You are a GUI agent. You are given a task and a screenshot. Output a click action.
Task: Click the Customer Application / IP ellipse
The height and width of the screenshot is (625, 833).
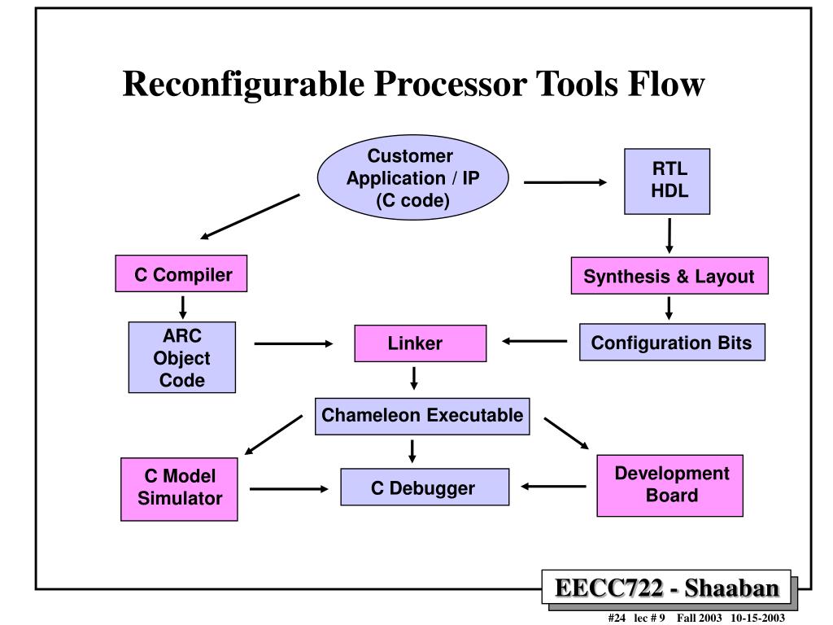point(412,177)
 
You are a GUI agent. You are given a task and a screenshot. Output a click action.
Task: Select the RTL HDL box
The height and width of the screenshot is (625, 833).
point(667,181)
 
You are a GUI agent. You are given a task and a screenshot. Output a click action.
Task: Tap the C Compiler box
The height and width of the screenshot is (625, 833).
point(181,273)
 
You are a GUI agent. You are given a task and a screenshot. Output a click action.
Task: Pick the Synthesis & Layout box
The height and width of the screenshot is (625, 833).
point(669,276)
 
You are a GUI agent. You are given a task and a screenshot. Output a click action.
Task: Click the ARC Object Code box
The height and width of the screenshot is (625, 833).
point(181,357)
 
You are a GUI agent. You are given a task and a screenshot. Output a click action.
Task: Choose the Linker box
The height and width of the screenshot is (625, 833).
point(421,343)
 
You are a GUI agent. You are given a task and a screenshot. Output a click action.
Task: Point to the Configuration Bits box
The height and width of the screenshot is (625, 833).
point(672,343)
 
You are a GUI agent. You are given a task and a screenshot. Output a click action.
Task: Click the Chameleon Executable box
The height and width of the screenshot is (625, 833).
point(422,417)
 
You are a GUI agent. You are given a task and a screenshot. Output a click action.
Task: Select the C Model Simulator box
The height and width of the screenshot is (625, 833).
point(179,489)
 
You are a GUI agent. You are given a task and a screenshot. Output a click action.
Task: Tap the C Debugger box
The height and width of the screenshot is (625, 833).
point(425,487)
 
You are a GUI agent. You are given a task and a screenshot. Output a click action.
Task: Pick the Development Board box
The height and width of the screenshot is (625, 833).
point(670,485)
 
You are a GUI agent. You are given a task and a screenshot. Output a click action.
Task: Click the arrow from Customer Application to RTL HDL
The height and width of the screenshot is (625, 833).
point(565,182)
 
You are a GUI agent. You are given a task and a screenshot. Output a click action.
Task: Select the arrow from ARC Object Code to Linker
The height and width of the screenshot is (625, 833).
point(294,344)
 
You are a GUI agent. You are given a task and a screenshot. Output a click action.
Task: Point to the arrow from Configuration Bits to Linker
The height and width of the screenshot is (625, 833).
point(534,341)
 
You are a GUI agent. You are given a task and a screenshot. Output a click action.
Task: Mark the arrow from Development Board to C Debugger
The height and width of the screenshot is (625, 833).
point(553,487)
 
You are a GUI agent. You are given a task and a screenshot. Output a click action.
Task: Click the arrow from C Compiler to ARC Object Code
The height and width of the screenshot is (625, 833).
point(183,308)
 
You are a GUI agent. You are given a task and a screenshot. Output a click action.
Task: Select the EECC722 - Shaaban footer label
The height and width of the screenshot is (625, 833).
point(667,588)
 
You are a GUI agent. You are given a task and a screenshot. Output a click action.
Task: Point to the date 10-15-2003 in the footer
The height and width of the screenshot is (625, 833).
point(757,618)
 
